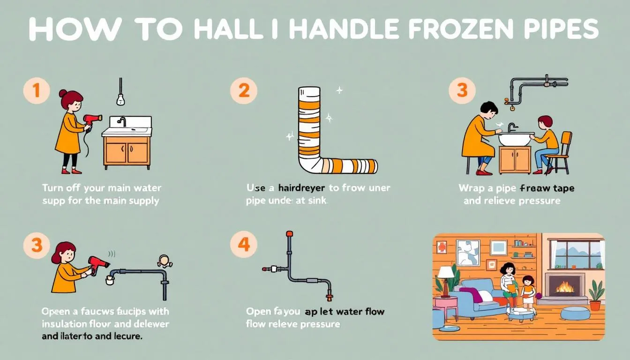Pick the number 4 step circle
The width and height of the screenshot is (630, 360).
[x=244, y=245]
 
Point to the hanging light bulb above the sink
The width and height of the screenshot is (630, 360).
[x=120, y=99]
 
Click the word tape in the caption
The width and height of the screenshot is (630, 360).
[x=562, y=188]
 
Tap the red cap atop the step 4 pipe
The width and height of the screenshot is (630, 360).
[x=289, y=233]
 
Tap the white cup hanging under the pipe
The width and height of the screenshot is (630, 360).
[x=110, y=280]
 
